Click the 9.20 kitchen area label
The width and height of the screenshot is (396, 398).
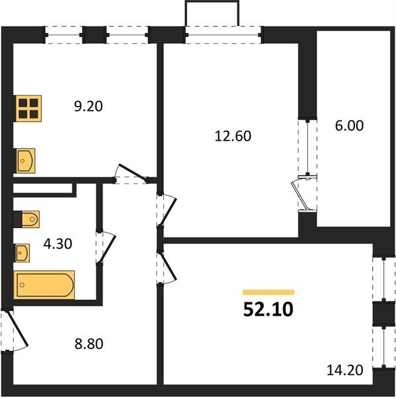[88, 106]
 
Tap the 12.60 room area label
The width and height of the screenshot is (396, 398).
[233, 136]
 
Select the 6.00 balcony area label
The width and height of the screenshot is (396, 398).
[350, 125]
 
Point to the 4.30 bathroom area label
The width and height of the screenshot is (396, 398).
[58, 244]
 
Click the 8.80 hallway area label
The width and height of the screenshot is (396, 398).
[89, 344]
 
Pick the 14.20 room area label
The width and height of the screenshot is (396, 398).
[345, 370]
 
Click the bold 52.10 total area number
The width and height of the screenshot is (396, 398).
[268, 310]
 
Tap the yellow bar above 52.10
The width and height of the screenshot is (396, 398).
[269, 292]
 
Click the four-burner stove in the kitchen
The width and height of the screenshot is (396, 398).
[28, 109]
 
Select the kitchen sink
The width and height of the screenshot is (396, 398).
[25, 161]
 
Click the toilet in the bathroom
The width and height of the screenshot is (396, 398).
[27, 219]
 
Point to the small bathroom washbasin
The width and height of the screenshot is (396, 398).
[22, 253]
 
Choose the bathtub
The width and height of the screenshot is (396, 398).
[44, 285]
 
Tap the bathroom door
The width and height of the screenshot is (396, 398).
[107, 247]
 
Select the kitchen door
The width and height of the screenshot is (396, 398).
[131, 172]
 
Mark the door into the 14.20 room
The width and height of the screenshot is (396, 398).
[167, 268]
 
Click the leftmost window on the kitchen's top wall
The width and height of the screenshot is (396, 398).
[64, 34]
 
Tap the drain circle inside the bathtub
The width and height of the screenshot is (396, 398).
[22, 285]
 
